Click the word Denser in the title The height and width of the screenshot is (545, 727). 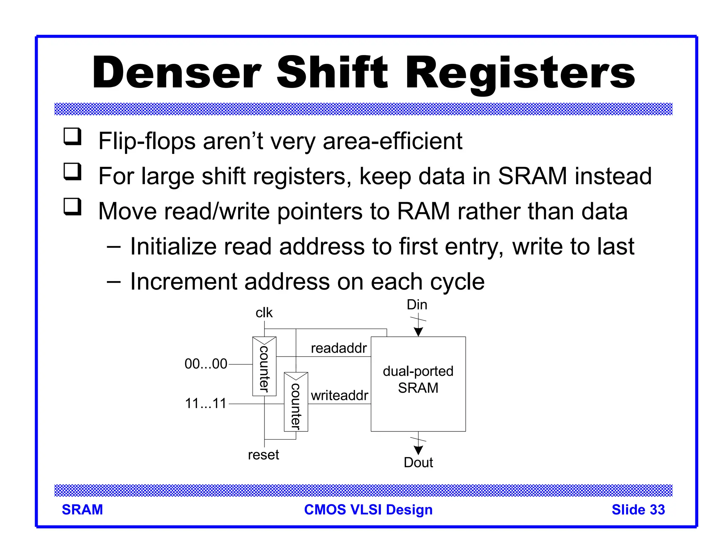176,73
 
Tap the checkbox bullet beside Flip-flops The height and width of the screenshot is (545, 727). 72,137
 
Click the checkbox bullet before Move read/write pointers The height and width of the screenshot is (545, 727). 72,207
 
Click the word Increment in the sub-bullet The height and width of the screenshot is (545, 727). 184,281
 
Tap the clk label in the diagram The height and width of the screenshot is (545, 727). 264,313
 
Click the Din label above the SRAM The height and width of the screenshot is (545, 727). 417,305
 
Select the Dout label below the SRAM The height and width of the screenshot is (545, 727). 418,463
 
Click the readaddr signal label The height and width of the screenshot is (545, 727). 339,348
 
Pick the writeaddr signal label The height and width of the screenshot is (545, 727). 339,396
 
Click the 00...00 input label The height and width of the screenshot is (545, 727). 206,364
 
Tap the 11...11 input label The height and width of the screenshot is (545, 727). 206,403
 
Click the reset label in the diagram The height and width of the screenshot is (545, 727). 263,455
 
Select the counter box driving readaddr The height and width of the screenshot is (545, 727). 264,367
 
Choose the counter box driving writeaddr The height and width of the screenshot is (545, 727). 296,402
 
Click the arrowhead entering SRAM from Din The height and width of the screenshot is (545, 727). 419,332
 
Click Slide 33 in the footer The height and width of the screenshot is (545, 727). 638,510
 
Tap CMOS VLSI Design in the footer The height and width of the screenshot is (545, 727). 368,510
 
